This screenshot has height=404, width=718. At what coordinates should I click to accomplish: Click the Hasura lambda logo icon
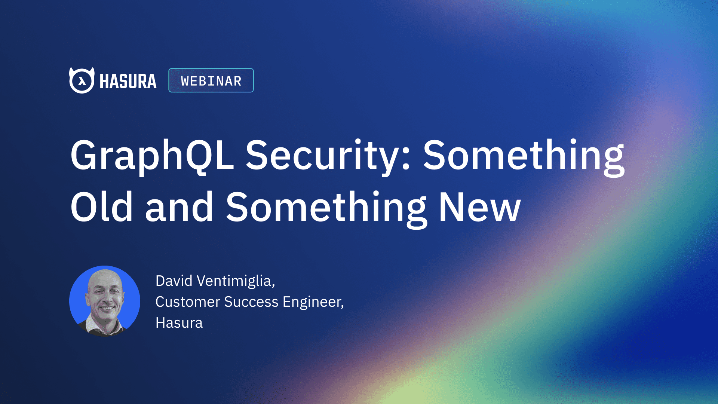(82, 80)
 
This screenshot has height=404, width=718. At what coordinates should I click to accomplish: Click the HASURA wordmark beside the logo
(128, 81)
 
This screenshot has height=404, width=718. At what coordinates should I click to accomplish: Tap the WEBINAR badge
(211, 80)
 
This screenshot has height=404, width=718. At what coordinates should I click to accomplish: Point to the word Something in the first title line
(524, 155)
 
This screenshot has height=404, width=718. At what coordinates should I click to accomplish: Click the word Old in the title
(101, 207)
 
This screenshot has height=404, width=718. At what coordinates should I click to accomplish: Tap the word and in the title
(179, 207)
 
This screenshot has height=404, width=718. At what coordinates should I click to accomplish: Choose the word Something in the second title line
(326, 207)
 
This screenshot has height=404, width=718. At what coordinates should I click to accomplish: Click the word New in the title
(480, 207)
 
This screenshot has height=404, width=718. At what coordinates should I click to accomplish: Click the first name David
(174, 281)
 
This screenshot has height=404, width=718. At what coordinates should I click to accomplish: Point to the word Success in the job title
(251, 302)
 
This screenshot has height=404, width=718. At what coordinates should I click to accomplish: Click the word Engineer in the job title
(312, 302)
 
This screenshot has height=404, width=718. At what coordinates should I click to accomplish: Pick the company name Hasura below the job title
(179, 323)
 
